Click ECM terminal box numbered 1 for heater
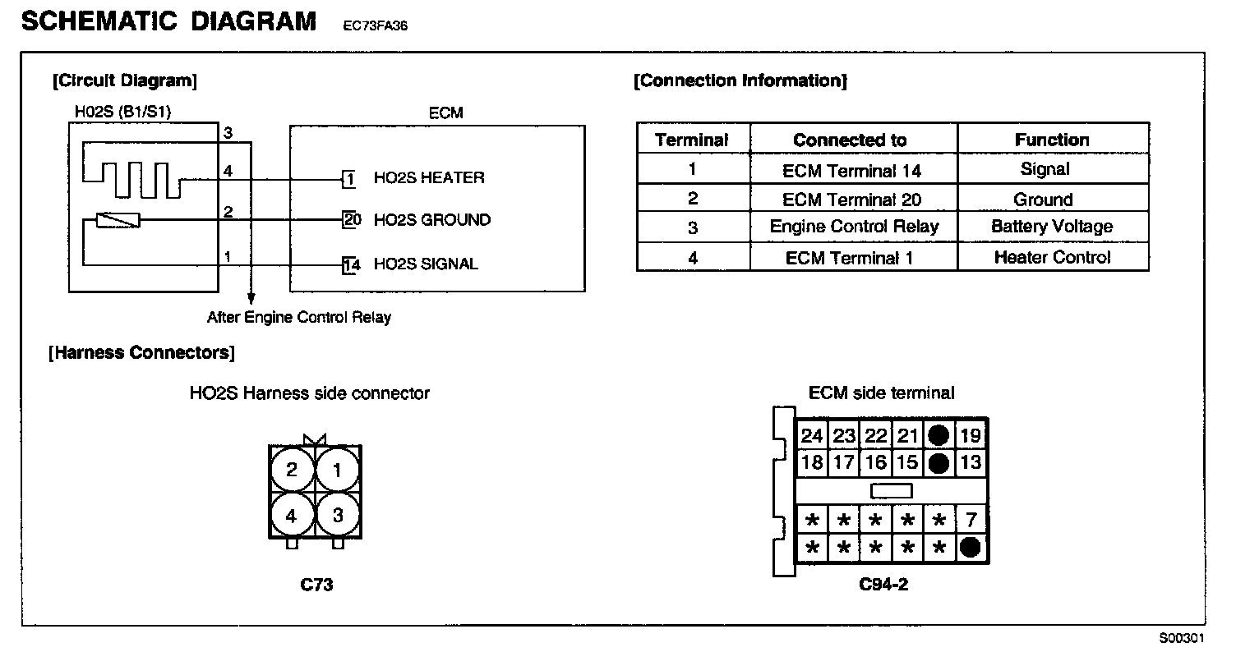click(349, 178)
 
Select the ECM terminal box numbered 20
click(352, 220)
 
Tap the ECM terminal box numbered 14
click(352, 264)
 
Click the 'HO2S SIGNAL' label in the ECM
click(426, 264)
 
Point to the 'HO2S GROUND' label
click(432, 220)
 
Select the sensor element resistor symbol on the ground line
click(118, 220)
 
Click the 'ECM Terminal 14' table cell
click(852, 171)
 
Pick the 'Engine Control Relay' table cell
click(854, 227)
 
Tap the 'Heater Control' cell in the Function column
click(1052, 257)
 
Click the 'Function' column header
click(1052, 140)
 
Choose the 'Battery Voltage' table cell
click(1052, 227)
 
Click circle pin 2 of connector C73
click(292, 471)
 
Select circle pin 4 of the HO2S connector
click(292, 516)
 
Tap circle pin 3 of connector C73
click(337, 516)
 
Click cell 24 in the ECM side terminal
click(812, 436)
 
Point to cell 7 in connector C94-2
click(971, 520)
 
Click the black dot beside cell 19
click(939, 436)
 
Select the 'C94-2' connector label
click(883, 585)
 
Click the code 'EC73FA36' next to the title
click(376, 25)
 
